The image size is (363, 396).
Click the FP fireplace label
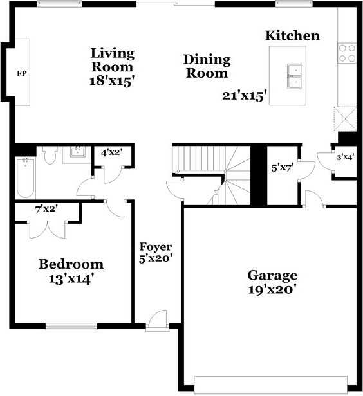point(21,73)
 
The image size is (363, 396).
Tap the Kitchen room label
point(292,36)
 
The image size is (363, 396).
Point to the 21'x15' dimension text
point(245,96)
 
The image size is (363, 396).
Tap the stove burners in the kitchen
point(347,53)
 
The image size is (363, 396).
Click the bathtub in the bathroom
point(25,178)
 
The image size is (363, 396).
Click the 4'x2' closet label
point(112,153)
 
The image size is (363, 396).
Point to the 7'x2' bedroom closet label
point(47,208)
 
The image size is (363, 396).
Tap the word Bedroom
point(71,264)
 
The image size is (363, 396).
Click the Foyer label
point(156,247)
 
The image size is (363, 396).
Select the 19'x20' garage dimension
point(272,290)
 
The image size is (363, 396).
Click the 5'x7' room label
point(283,168)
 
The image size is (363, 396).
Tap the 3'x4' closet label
point(345,157)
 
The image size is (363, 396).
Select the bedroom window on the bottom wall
point(71,326)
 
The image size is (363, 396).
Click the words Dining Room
point(207,66)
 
